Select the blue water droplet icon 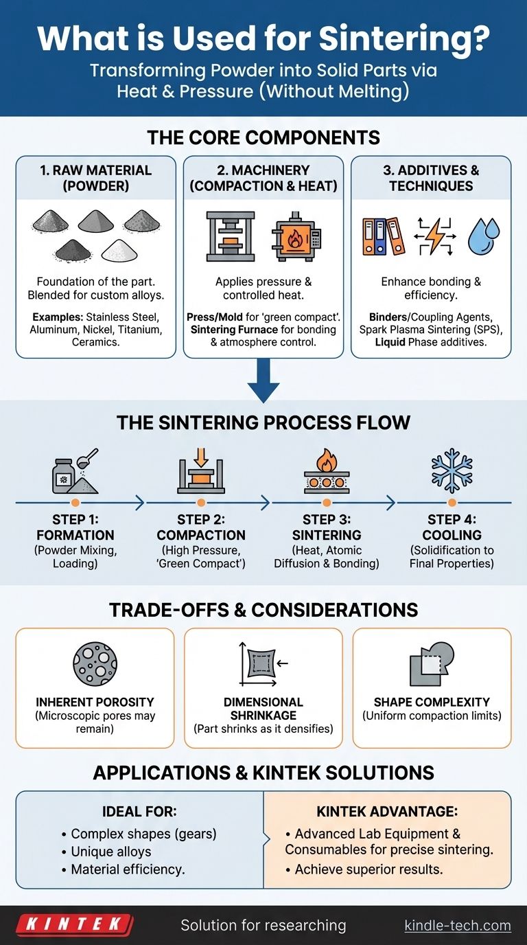[484, 236]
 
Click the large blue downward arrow [263, 381]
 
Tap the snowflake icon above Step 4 [452, 472]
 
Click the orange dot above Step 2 [200, 503]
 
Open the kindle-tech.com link [458, 925]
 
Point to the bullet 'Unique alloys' [111, 851]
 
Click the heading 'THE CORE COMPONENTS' [263, 137]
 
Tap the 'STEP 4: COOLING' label [452, 527]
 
